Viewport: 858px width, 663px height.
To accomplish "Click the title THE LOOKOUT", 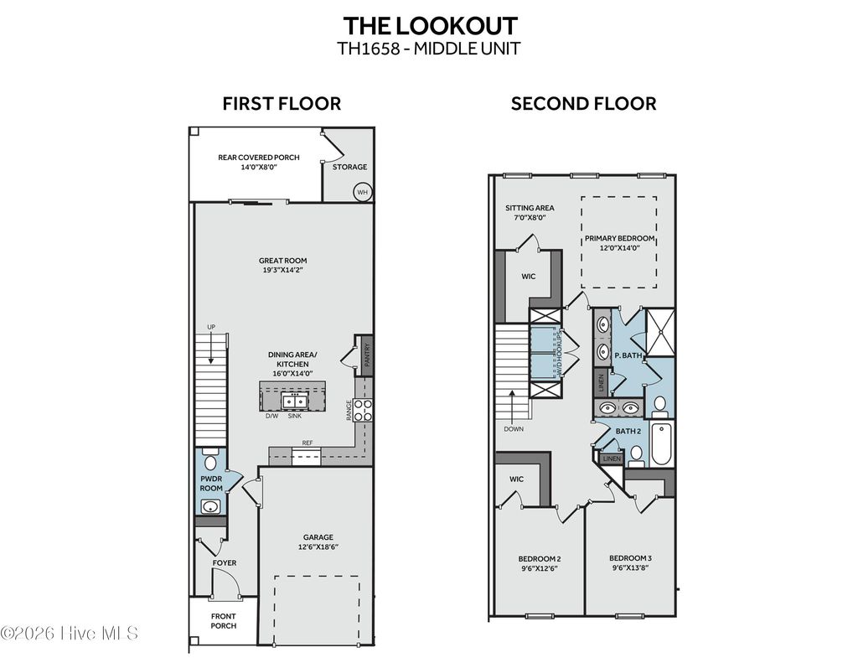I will pyautogui.click(x=429, y=24).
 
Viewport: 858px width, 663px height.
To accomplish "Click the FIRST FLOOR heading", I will pyautogui.click(x=282, y=104).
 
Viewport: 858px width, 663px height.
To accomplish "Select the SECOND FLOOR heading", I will pyautogui.click(x=583, y=104).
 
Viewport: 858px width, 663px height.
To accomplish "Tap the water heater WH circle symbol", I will pyautogui.click(x=362, y=191).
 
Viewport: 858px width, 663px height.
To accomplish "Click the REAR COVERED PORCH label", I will pyautogui.click(x=259, y=157).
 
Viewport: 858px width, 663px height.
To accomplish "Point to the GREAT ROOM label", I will pyautogui.click(x=276, y=261).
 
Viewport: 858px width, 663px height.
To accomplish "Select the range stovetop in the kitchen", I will pyautogui.click(x=363, y=410).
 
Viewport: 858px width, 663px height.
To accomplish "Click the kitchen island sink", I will pyautogui.click(x=295, y=399).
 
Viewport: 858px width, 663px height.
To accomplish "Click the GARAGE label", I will pyautogui.click(x=318, y=537).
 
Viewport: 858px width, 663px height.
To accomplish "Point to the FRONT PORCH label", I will pyautogui.click(x=224, y=620).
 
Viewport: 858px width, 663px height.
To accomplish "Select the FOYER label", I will pyautogui.click(x=224, y=562).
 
